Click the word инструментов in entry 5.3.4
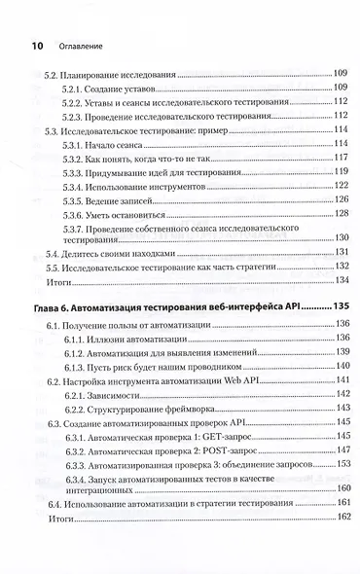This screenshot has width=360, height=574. point(195,185)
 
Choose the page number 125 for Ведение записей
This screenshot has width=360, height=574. point(340,198)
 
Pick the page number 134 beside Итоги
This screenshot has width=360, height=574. point(340,279)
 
